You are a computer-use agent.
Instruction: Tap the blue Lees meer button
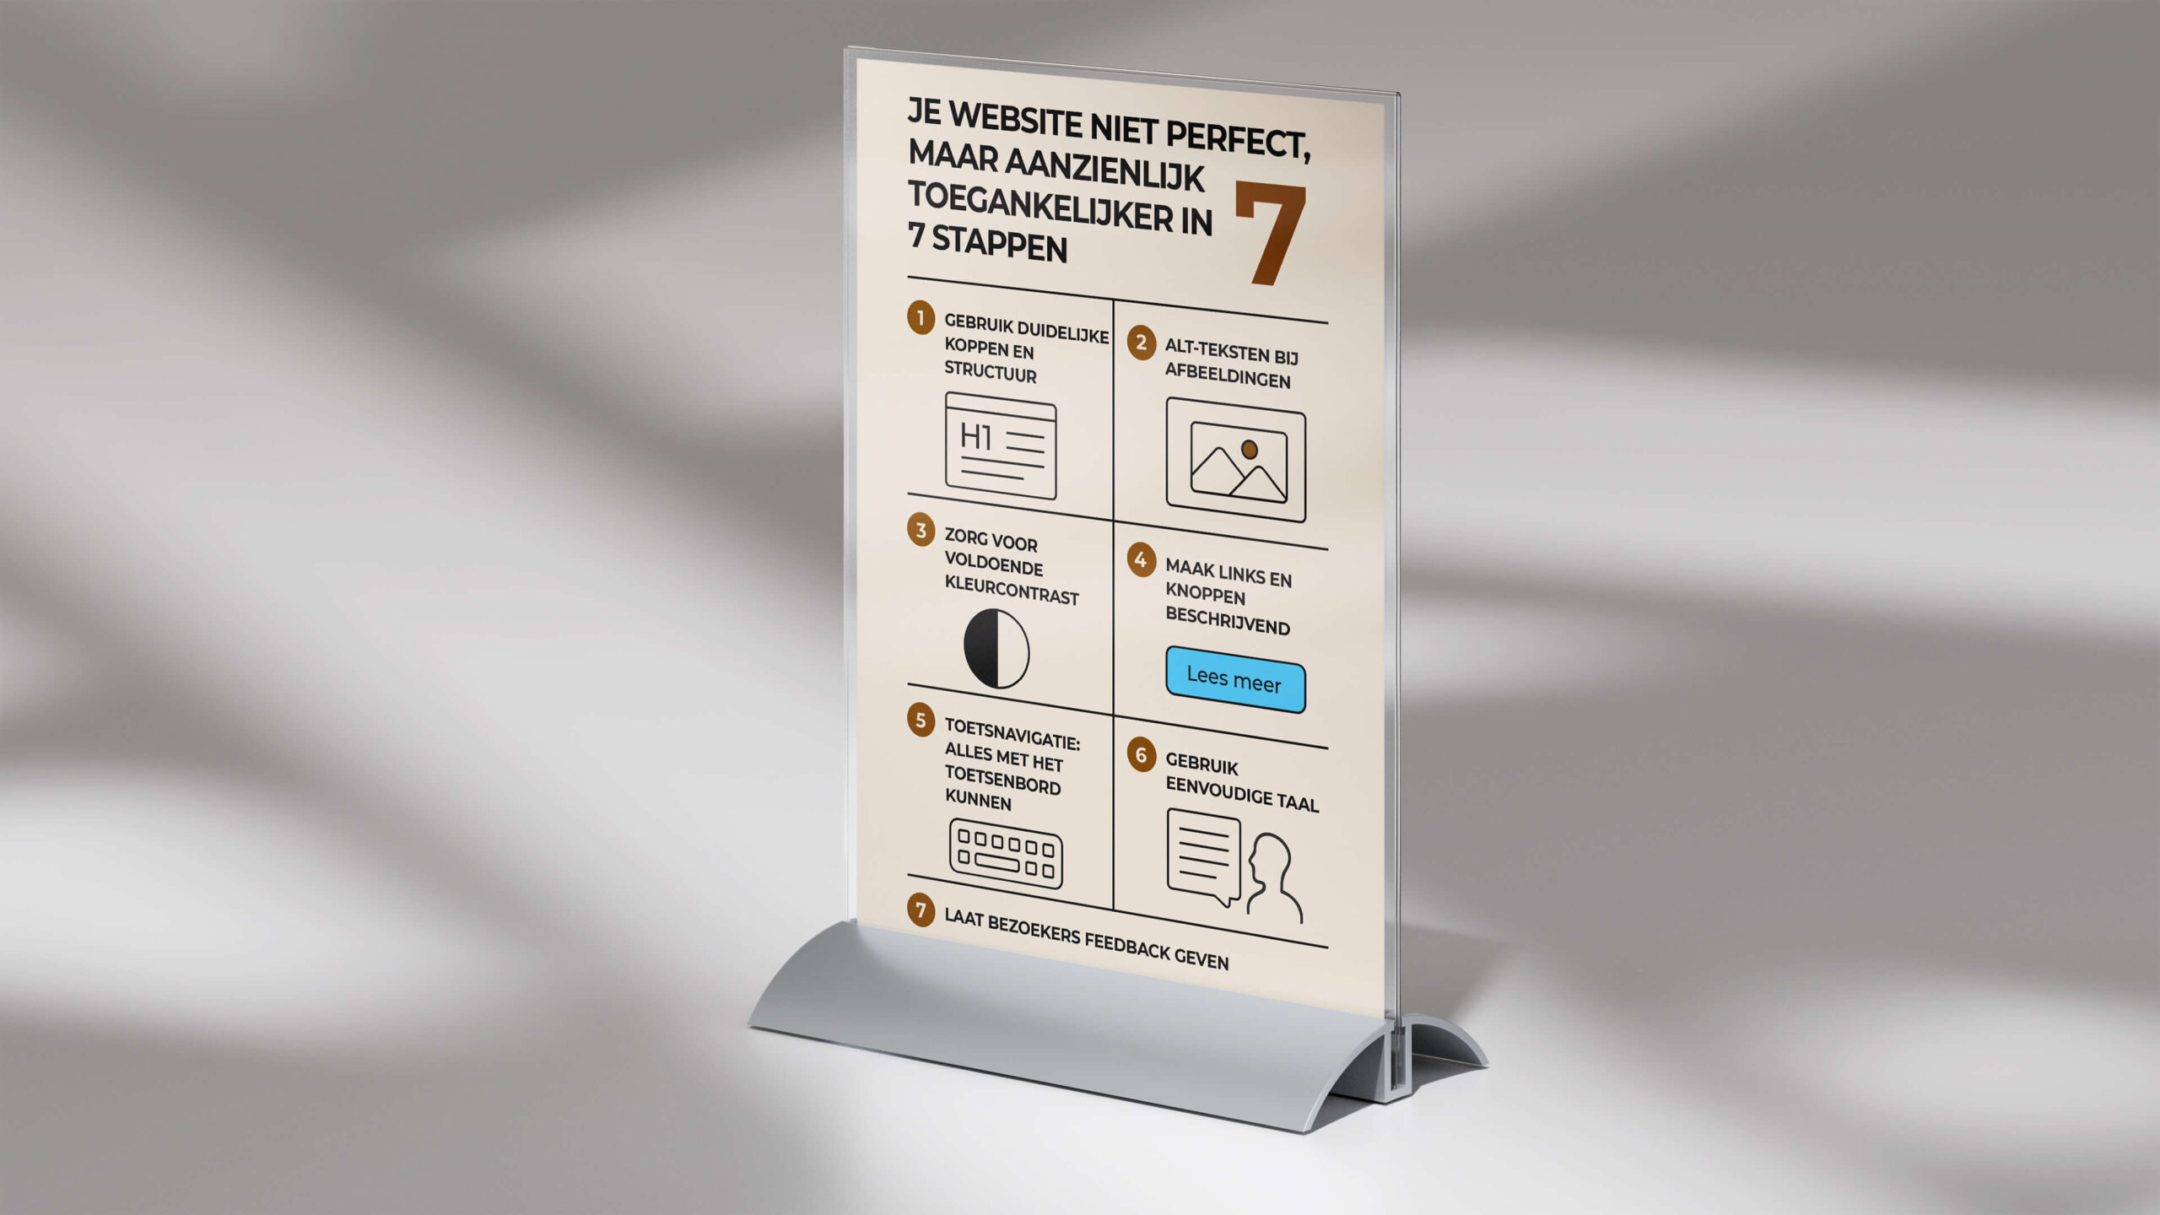point(1234,679)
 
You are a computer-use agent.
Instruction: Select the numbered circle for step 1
point(921,318)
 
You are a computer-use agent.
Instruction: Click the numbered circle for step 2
point(1141,343)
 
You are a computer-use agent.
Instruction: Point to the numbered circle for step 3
point(921,530)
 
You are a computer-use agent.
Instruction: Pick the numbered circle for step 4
point(1141,559)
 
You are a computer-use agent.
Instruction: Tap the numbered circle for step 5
point(921,720)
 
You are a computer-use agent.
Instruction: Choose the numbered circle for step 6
point(1141,754)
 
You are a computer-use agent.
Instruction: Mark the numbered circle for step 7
point(921,910)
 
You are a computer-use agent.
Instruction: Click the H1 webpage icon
point(1001,445)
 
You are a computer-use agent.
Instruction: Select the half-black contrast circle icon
point(996,648)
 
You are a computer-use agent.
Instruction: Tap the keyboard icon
point(1006,853)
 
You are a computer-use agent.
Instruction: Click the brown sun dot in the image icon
point(1250,449)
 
